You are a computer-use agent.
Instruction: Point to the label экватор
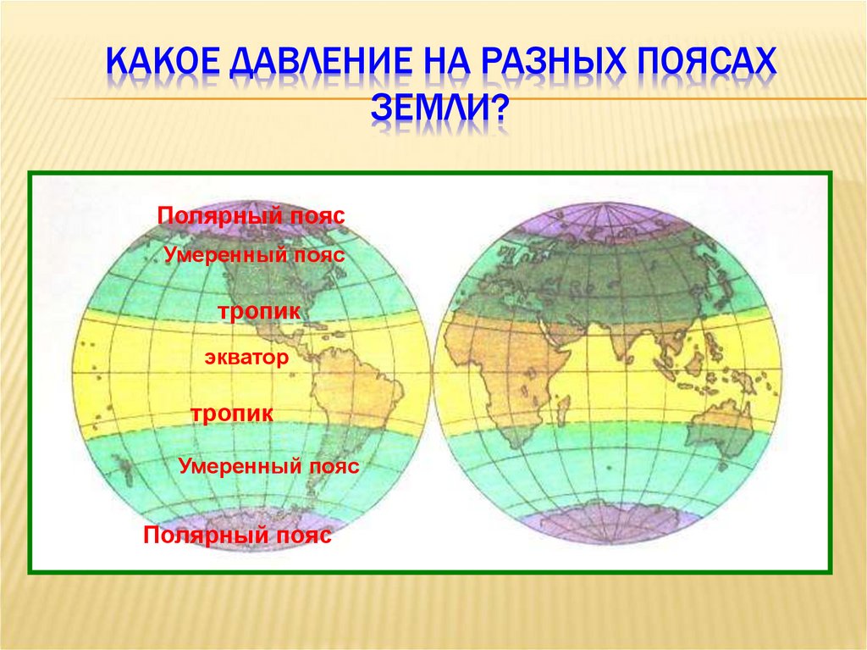pos(246,358)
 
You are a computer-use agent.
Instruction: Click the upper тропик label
pos(259,312)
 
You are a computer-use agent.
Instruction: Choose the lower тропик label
pos(231,414)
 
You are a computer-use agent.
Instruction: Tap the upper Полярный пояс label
pos(251,215)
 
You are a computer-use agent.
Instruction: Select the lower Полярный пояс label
pos(237,536)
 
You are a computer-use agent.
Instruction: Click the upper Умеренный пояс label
pos(255,253)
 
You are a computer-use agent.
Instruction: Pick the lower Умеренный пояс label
pos(269,466)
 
